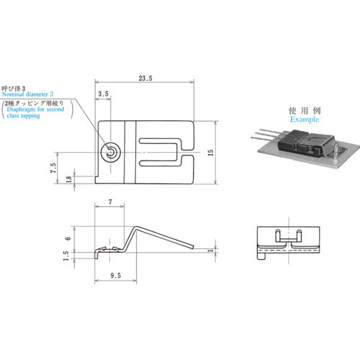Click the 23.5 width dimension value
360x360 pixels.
(x=145, y=78)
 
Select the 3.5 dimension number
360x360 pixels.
(x=103, y=94)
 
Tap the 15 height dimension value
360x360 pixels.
(x=210, y=153)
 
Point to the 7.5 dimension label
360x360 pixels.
(x=53, y=168)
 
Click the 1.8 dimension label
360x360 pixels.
(x=68, y=179)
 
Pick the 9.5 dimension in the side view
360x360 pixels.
(x=115, y=275)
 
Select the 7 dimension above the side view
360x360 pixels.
(x=110, y=202)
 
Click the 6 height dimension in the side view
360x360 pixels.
(x=68, y=238)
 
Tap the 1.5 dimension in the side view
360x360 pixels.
(x=66, y=256)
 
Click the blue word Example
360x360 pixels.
(x=305, y=120)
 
